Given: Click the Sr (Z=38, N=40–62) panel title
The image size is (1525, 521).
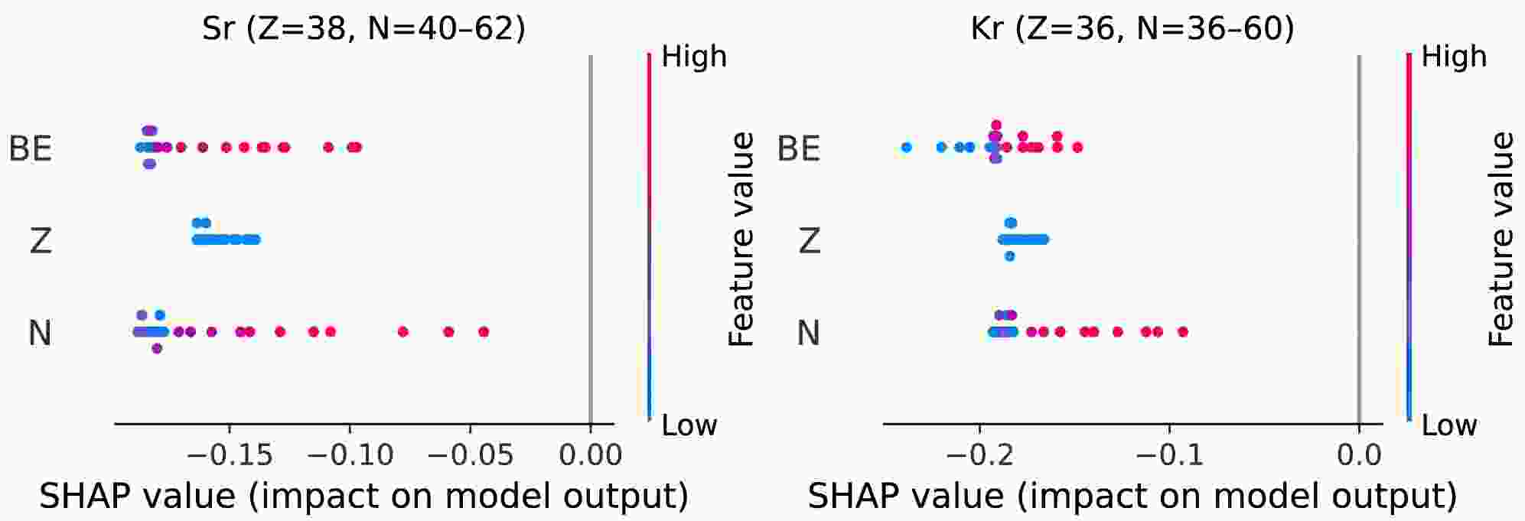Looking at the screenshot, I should point(363,28).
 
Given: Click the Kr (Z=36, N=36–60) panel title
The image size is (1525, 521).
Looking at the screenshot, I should point(1132,28).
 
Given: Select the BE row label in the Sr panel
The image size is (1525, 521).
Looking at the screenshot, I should point(31,148).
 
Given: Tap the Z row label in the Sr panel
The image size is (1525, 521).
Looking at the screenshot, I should point(40,241).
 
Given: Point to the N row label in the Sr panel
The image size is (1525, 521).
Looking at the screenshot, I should point(40,333).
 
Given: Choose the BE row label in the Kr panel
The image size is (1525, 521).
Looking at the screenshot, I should point(799,148).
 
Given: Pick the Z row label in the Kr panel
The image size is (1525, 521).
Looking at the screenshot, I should point(809,241).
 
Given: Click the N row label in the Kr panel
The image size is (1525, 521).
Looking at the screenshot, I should point(809,333).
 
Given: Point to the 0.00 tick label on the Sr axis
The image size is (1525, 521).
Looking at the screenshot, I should point(591,455).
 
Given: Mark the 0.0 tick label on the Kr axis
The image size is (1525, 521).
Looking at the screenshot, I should point(1359,455).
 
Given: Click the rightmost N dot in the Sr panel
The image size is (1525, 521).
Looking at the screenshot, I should point(484,331).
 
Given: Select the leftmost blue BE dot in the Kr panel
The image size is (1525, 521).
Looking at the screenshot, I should point(907,147).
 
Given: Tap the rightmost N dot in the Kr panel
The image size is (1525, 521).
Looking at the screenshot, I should point(1183,331).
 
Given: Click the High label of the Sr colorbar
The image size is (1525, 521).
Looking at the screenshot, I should point(693,57).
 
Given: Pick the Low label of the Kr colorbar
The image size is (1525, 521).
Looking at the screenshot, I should point(1448,425).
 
